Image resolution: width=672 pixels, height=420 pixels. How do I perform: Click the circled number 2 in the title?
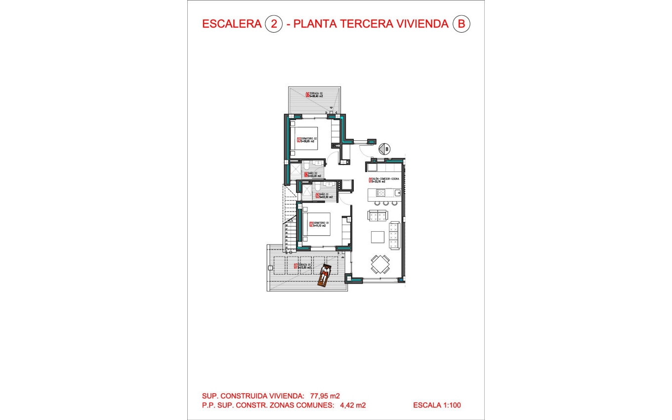274,24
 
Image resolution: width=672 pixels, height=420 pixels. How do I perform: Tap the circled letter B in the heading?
462,24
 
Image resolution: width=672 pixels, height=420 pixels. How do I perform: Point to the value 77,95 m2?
325,396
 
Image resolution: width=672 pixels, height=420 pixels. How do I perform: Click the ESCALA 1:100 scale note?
437,405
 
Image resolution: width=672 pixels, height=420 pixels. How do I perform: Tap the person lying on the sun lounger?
325,275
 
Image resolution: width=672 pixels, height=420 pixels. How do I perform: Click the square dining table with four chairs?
379,264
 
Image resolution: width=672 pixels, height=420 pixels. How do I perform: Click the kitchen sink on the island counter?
397,193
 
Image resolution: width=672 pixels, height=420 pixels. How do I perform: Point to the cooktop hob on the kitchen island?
381,193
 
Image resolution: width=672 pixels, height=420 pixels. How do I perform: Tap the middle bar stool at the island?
385,203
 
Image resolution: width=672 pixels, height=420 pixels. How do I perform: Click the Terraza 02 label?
314,95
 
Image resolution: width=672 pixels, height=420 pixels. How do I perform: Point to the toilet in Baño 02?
307,165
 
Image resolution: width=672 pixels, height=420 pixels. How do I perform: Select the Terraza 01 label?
304,266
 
